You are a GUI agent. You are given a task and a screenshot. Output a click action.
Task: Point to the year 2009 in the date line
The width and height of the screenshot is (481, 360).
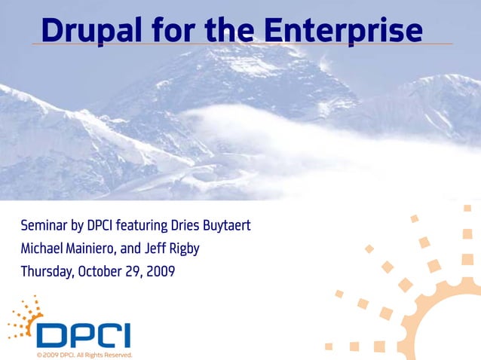[161, 271]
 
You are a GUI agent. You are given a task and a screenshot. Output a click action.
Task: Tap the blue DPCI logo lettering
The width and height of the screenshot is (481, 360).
[84, 336]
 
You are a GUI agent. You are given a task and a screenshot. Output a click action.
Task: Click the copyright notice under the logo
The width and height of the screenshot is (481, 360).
[84, 354]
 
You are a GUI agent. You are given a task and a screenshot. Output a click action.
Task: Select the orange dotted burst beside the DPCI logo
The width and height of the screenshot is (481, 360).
[26, 317]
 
